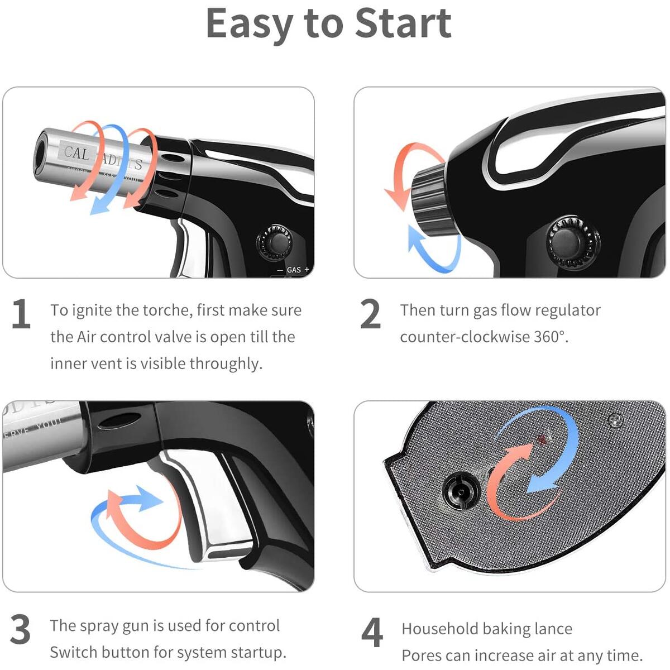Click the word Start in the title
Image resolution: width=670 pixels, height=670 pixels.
coord(403,24)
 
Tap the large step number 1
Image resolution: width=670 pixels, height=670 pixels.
coord(21,314)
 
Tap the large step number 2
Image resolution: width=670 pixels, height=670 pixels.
coord(370,314)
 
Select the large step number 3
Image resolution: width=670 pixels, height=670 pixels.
coord(21,630)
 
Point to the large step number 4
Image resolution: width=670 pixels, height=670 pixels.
coord(372,632)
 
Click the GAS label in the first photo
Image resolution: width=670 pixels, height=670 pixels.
coord(294,270)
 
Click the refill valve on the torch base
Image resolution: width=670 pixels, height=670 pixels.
coord(461,491)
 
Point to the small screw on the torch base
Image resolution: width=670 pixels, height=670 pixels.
coord(615,420)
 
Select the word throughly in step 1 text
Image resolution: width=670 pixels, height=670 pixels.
coord(226,364)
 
